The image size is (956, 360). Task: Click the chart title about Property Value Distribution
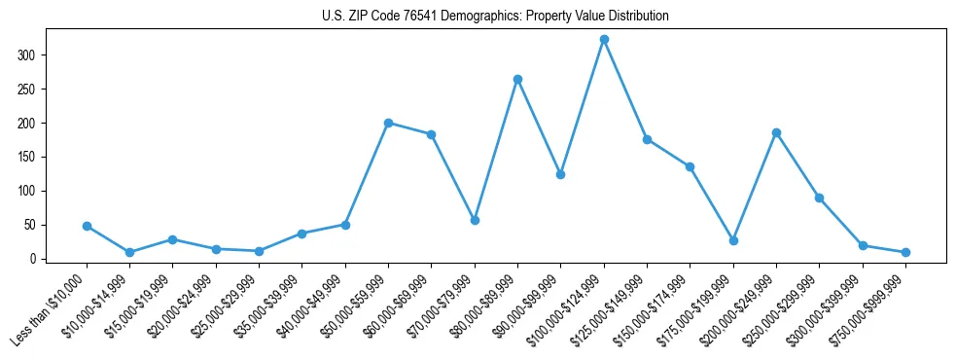click(x=495, y=17)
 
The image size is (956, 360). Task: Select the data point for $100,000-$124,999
click(x=604, y=40)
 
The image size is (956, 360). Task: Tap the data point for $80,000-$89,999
click(x=517, y=79)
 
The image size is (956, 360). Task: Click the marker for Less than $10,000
click(x=87, y=226)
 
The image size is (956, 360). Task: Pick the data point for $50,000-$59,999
click(x=388, y=123)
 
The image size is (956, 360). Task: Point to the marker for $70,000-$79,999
click(x=475, y=220)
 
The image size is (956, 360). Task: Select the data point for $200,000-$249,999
click(x=776, y=132)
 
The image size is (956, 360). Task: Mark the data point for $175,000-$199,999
click(x=733, y=240)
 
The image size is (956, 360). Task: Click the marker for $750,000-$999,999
click(x=905, y=252)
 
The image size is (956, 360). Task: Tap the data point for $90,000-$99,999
click(x=561, y=174)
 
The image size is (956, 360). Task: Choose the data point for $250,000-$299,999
click(x=819, y=198)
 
